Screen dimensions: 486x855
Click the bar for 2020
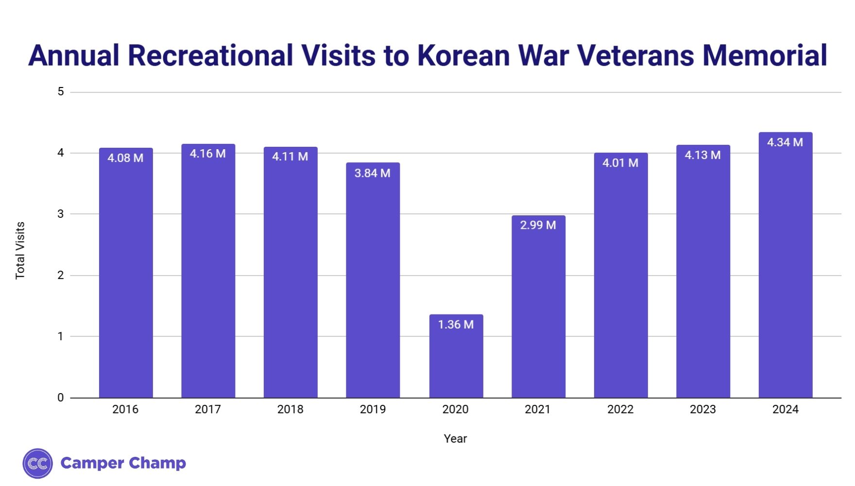point(456,360)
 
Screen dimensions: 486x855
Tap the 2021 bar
point(538,311)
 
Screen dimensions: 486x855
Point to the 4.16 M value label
point(208,154)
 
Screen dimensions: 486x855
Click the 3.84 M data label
point(373,173)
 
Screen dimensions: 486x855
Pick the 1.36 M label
point(456,324)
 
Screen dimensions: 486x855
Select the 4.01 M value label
point(620,163)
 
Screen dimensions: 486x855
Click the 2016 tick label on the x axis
point(125,409)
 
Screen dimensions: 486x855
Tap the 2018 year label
point(290,409)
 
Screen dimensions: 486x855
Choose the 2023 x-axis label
point(702,409)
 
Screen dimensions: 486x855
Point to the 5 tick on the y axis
point(61,91)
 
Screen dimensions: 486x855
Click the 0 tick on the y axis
point(61,398)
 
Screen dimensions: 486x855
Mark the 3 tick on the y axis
point(61,214)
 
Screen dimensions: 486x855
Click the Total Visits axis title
point(20,250)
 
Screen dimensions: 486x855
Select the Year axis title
point(455,438)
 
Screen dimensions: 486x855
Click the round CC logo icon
point(37,463)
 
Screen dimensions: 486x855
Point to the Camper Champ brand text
point(123,463)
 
